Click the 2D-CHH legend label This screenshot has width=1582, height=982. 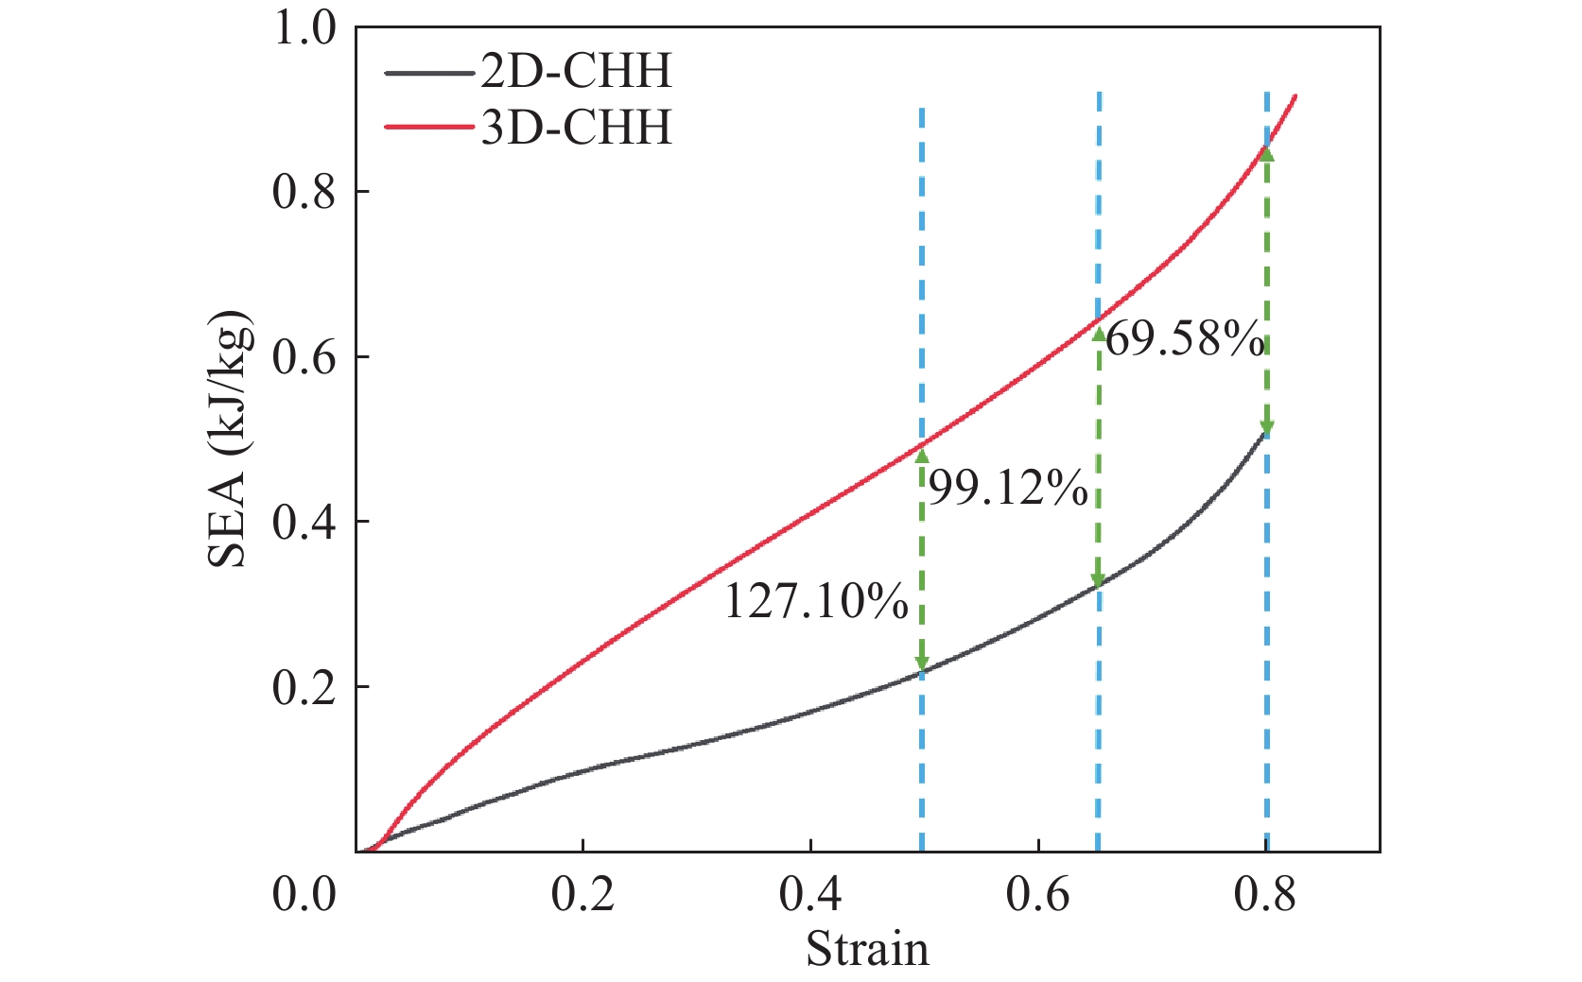576,72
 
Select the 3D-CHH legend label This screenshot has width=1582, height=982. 576,128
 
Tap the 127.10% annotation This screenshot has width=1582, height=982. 816,602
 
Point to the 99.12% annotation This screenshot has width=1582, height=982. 1008,489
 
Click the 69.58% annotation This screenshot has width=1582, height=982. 1184,338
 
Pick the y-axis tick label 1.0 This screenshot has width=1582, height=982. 304,28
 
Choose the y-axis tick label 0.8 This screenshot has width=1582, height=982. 304,193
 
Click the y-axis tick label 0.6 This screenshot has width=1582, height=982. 304,358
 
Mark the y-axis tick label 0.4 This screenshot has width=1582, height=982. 304,523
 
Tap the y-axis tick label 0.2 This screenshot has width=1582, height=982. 304,688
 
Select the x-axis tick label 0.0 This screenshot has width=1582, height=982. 304,894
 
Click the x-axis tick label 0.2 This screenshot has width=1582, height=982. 583,894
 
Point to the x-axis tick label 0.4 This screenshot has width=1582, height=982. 810,894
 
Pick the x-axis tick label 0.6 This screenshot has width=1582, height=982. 1038,894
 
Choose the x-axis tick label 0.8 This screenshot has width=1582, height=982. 1265,894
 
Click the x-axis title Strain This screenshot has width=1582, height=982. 867,949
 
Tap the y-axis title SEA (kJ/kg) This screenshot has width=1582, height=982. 230,439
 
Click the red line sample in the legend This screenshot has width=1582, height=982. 428,128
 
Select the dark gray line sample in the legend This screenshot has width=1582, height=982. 428,72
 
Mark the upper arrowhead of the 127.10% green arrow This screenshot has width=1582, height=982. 922,457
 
